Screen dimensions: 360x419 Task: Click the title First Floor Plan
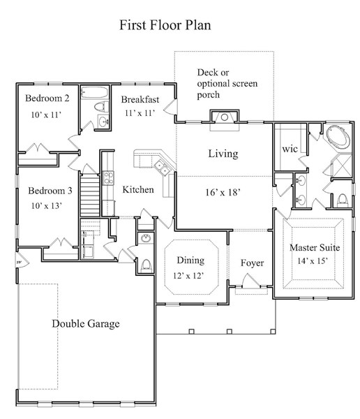point(165,25)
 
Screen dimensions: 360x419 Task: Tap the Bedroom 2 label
point(47,98)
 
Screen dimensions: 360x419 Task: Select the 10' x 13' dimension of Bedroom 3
point(47,206)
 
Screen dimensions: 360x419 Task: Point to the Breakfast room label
point(140,99)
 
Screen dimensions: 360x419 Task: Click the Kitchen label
point(138,189)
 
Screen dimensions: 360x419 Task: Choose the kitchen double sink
point(162,167)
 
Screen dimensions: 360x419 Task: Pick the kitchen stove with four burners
point(108,178)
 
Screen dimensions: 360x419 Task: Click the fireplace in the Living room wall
point(225,117)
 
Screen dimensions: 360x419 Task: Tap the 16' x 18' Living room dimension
point(223,192)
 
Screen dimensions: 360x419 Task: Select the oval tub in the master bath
point(338,138)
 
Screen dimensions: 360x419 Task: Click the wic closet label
point(290,149)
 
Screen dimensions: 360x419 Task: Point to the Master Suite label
point(315,247)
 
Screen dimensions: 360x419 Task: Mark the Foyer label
point(252,263)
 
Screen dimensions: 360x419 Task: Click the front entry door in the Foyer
point(251,281)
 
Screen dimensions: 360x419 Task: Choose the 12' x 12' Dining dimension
point(188,276)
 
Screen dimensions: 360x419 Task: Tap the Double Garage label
point(85,323)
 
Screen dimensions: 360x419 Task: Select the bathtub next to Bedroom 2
point(94,92)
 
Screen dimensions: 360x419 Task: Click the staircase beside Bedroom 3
point(90,195)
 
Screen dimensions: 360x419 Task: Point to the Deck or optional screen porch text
point(227,83)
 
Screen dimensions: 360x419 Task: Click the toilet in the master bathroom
point(343,200)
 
